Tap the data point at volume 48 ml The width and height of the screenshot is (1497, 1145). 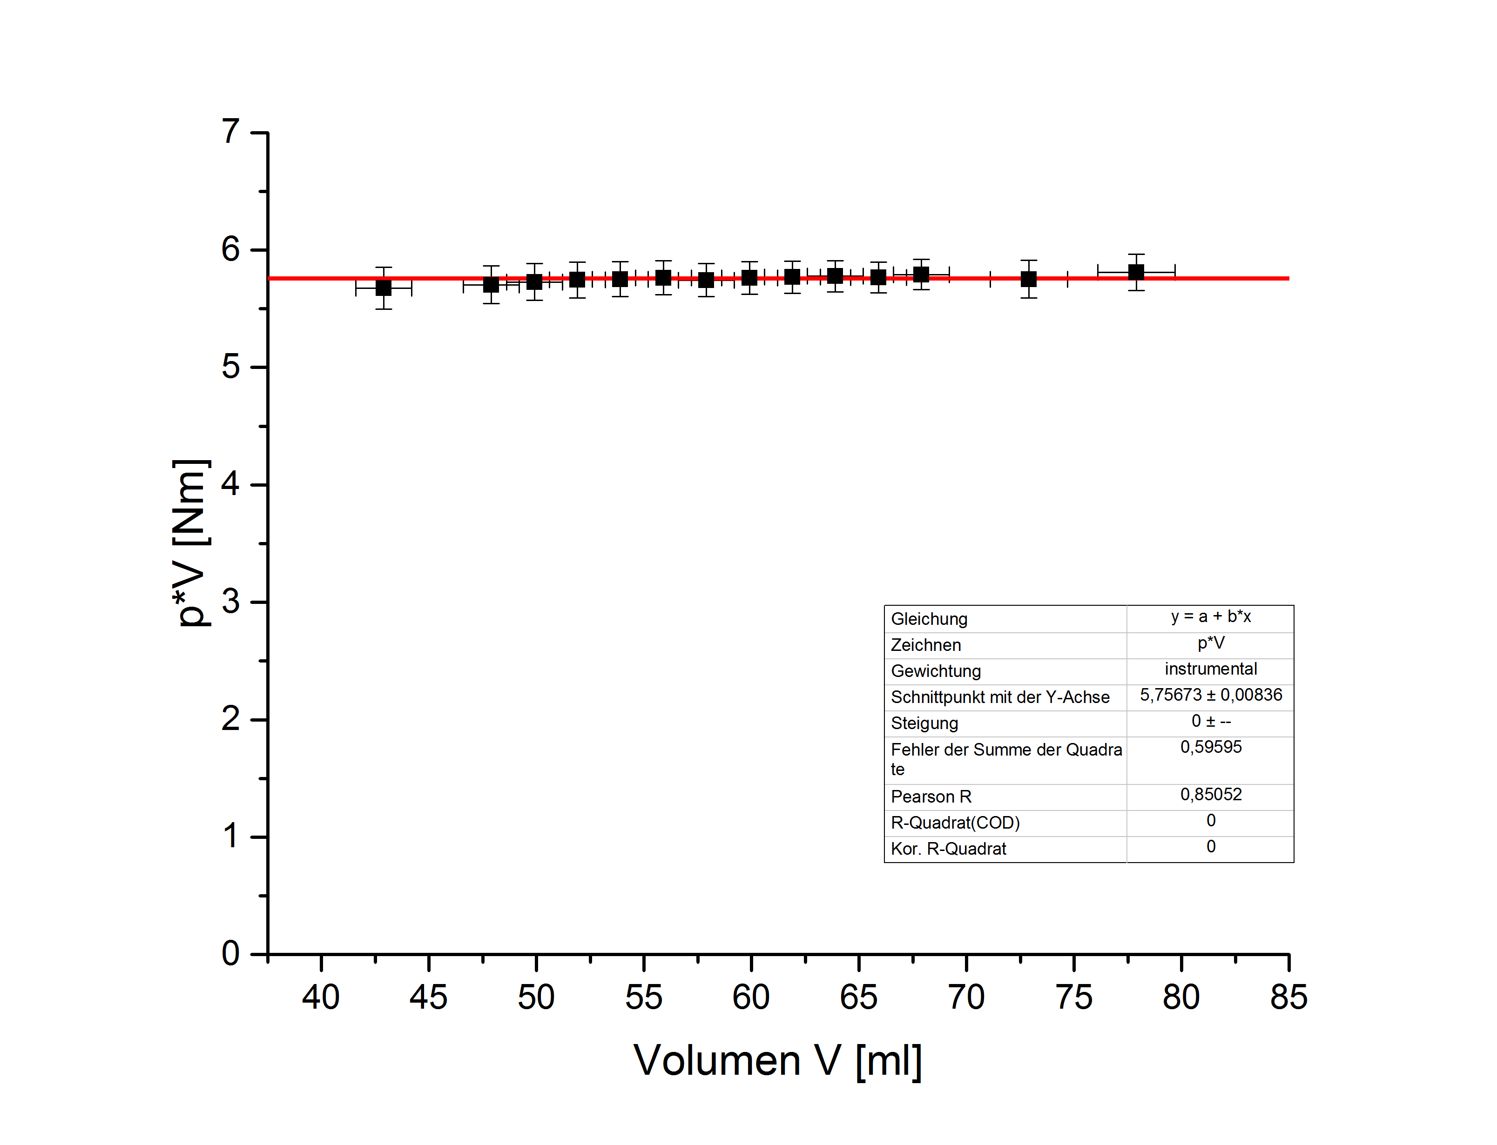(x=491, y=285)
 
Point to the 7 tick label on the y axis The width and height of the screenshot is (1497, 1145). (x=231, y=132)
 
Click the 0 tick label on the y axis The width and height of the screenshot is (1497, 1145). (x=231, y=953)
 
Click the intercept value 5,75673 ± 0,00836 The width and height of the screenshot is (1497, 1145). (x=1211, y=695)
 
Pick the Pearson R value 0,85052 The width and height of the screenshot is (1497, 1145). (x=1211, y=795)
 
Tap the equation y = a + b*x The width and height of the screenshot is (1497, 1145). (x=1211, y=617)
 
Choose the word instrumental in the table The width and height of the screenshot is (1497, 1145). (x=1211, y=670)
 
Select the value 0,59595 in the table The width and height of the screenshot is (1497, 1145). (x=1211, y=748)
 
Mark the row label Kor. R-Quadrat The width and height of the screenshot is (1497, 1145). (x=948, y=849)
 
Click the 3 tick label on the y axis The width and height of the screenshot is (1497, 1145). (x=231, y=602)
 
